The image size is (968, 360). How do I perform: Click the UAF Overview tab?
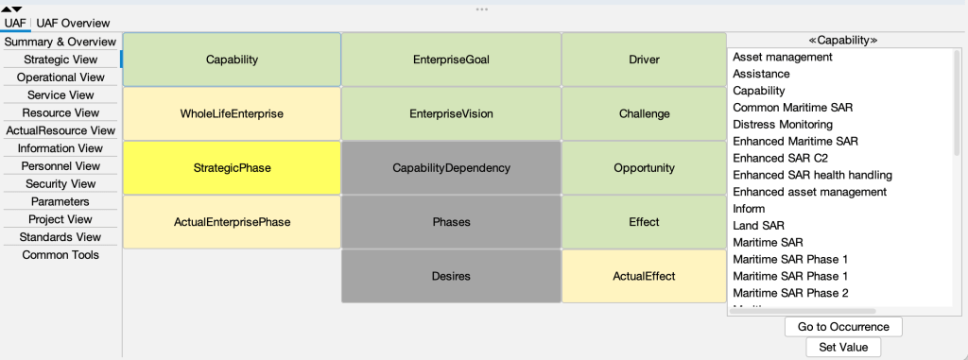[73, 23]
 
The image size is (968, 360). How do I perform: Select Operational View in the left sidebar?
[60, 77]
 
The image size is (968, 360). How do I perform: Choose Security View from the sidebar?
[60, 184]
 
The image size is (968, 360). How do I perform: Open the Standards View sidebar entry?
[60, 237]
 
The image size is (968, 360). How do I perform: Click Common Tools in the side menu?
[60, 255]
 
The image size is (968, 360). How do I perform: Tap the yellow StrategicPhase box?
[232, 168]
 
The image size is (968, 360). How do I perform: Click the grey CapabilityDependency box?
[451, 168]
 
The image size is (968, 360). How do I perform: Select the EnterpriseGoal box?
[451, 60]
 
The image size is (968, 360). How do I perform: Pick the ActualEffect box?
[644, 276]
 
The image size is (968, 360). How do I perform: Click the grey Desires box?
[451, 276]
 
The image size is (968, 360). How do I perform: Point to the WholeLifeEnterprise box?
[232, 113]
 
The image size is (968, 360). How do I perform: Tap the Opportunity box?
[644, 168]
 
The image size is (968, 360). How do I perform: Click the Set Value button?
[843, 347]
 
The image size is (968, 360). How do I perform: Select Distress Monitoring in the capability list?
[783, 125]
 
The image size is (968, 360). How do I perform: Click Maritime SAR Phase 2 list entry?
[790, 293]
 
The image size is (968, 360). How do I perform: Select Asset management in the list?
[783, 58]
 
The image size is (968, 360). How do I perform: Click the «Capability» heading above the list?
[843, 41]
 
